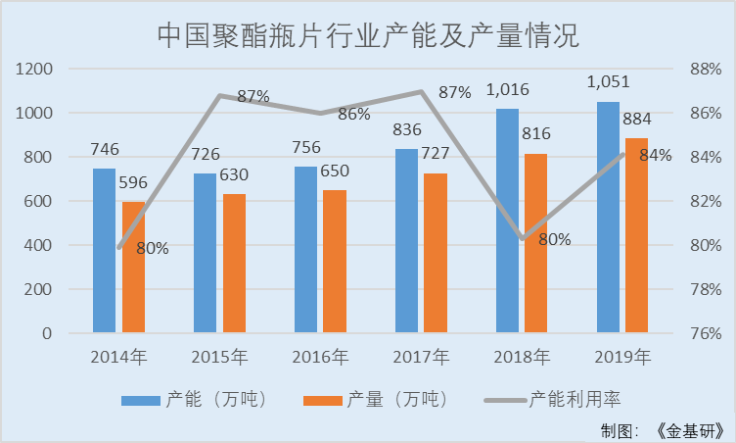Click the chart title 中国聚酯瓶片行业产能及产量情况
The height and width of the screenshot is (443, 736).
(368, 37)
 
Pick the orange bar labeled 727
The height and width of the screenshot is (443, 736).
(436, 253)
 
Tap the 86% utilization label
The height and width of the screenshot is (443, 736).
(353, 114)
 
